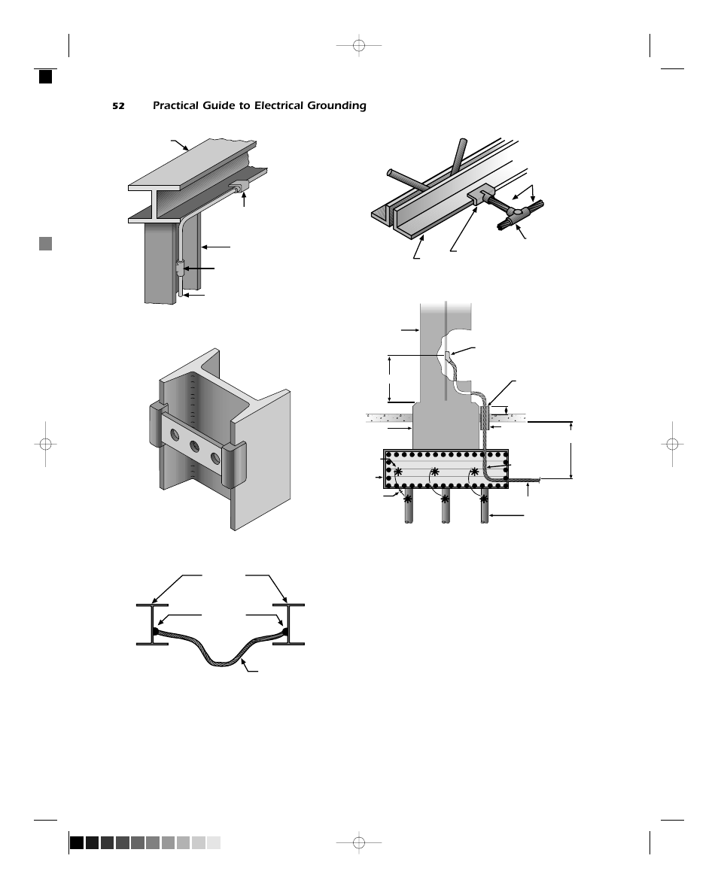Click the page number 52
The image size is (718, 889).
[x=118, y=106]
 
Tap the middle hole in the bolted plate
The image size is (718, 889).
[x=195, y=446]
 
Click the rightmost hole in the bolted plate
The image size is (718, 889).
[x=215, y=457]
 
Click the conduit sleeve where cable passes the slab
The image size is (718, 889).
[x=484, y=417]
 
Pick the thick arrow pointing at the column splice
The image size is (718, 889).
[x=199, y=268]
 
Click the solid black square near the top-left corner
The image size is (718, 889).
[x=46, y=76]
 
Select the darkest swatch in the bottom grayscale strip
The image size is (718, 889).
[x=77, y=842]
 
